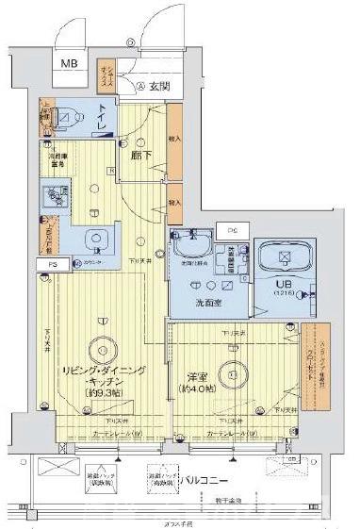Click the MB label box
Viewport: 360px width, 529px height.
tap(72, 65)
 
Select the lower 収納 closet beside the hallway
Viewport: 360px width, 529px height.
tap(174, 203)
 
